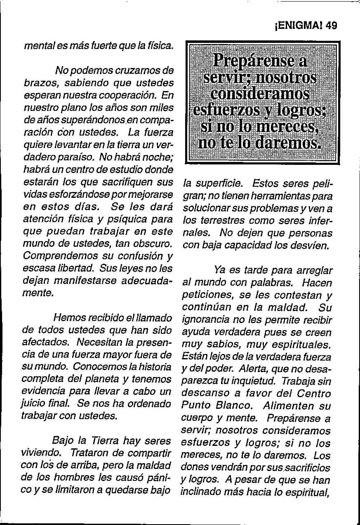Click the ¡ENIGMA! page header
[x=298, y=26]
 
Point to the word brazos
[x=39, y=82]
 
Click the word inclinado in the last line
[x=199, y=492]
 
